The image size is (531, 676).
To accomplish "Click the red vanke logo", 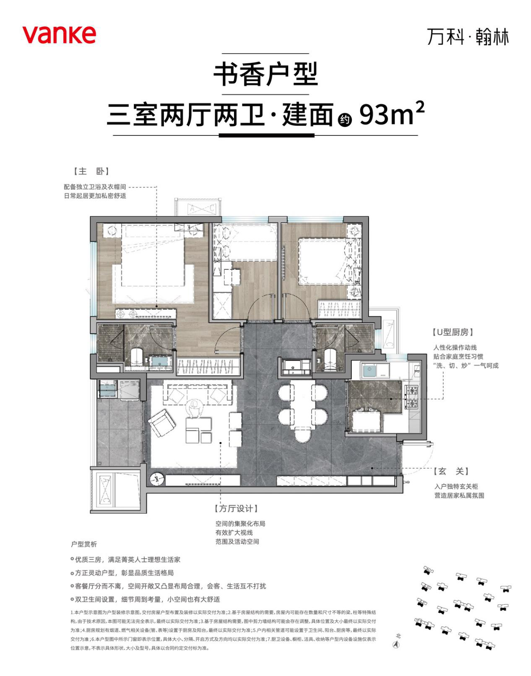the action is (59, 34).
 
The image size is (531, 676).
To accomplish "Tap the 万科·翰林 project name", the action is (468, 37).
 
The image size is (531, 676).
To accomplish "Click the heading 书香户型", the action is (265, 75).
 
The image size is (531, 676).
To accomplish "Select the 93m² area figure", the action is (392, 114).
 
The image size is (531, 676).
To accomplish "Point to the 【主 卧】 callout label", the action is (91, 171).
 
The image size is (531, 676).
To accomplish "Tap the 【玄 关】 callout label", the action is (451, 471).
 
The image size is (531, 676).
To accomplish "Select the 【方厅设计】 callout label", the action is (236, 508).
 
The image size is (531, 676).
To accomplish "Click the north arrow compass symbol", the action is (396, 645).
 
